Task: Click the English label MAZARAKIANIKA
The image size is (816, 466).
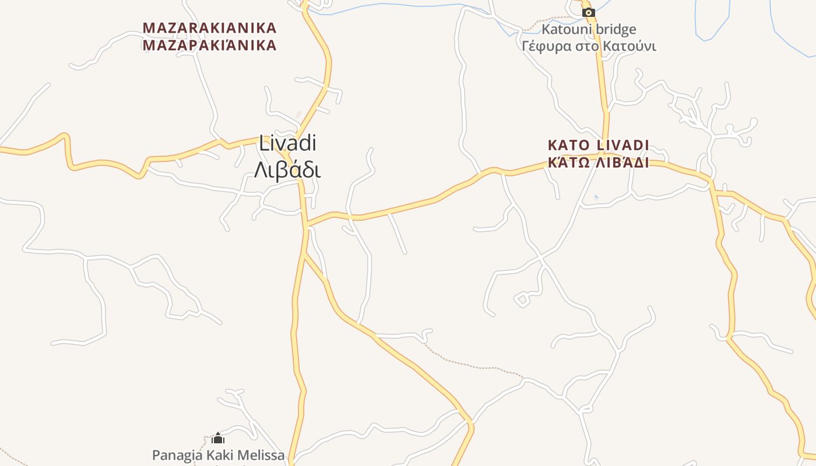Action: (209, 28)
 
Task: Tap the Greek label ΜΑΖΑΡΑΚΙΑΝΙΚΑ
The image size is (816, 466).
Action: (209, 45)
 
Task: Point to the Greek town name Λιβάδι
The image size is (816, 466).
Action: (287, 170)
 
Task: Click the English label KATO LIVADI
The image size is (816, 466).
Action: (598, 144)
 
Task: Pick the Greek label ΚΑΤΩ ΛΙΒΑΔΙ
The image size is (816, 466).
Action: (598, 163)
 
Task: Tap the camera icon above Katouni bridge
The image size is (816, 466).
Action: (589, 12)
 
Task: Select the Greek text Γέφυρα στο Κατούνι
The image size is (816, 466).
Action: (589, 46)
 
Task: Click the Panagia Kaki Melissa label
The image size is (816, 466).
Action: (218, 455)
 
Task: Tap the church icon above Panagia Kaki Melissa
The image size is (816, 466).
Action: (218, 438)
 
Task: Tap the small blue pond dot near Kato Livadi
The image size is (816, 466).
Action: (595, 197)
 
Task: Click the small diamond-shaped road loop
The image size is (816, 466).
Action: (522, 300)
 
